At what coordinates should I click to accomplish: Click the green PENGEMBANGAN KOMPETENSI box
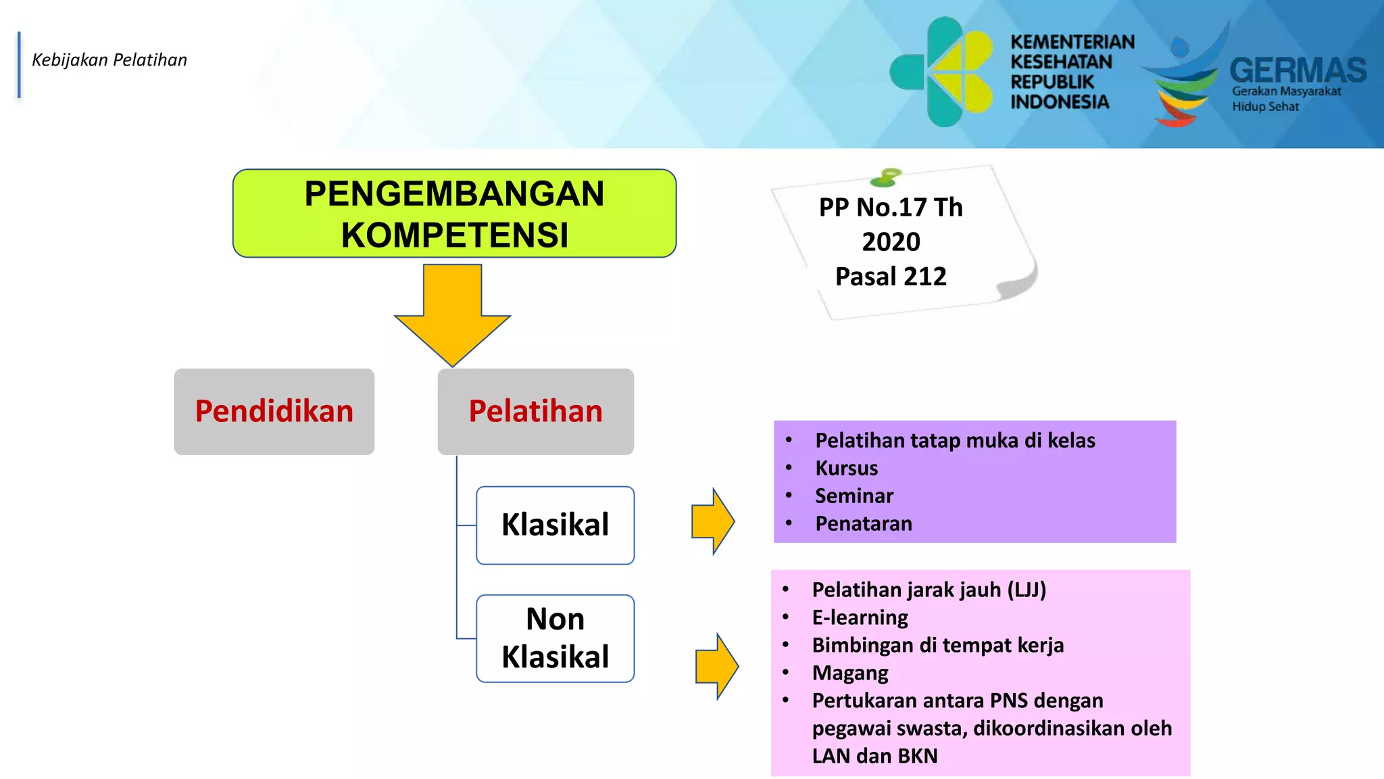(454, 213)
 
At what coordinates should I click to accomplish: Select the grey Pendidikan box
(274, 411)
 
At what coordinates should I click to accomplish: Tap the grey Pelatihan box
(535, 411)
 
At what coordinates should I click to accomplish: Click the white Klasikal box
(555, 525)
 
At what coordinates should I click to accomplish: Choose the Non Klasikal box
(555, 638)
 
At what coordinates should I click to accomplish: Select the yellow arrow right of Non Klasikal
(717, 666)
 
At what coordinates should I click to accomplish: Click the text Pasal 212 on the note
(891, 277)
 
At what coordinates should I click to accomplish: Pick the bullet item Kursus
(846, 468)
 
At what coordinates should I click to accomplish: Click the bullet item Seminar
(854, 496)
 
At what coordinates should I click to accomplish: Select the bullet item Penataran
(863, 523)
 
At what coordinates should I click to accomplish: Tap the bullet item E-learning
(860, 617)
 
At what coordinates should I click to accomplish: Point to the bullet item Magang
(849, 673)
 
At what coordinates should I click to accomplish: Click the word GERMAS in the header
(1297, 70)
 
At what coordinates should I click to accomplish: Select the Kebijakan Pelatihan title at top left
(109, 60)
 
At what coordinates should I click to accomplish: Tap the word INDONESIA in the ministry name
(1059, 102)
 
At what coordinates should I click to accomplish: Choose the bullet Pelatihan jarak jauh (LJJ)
(929, 590)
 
